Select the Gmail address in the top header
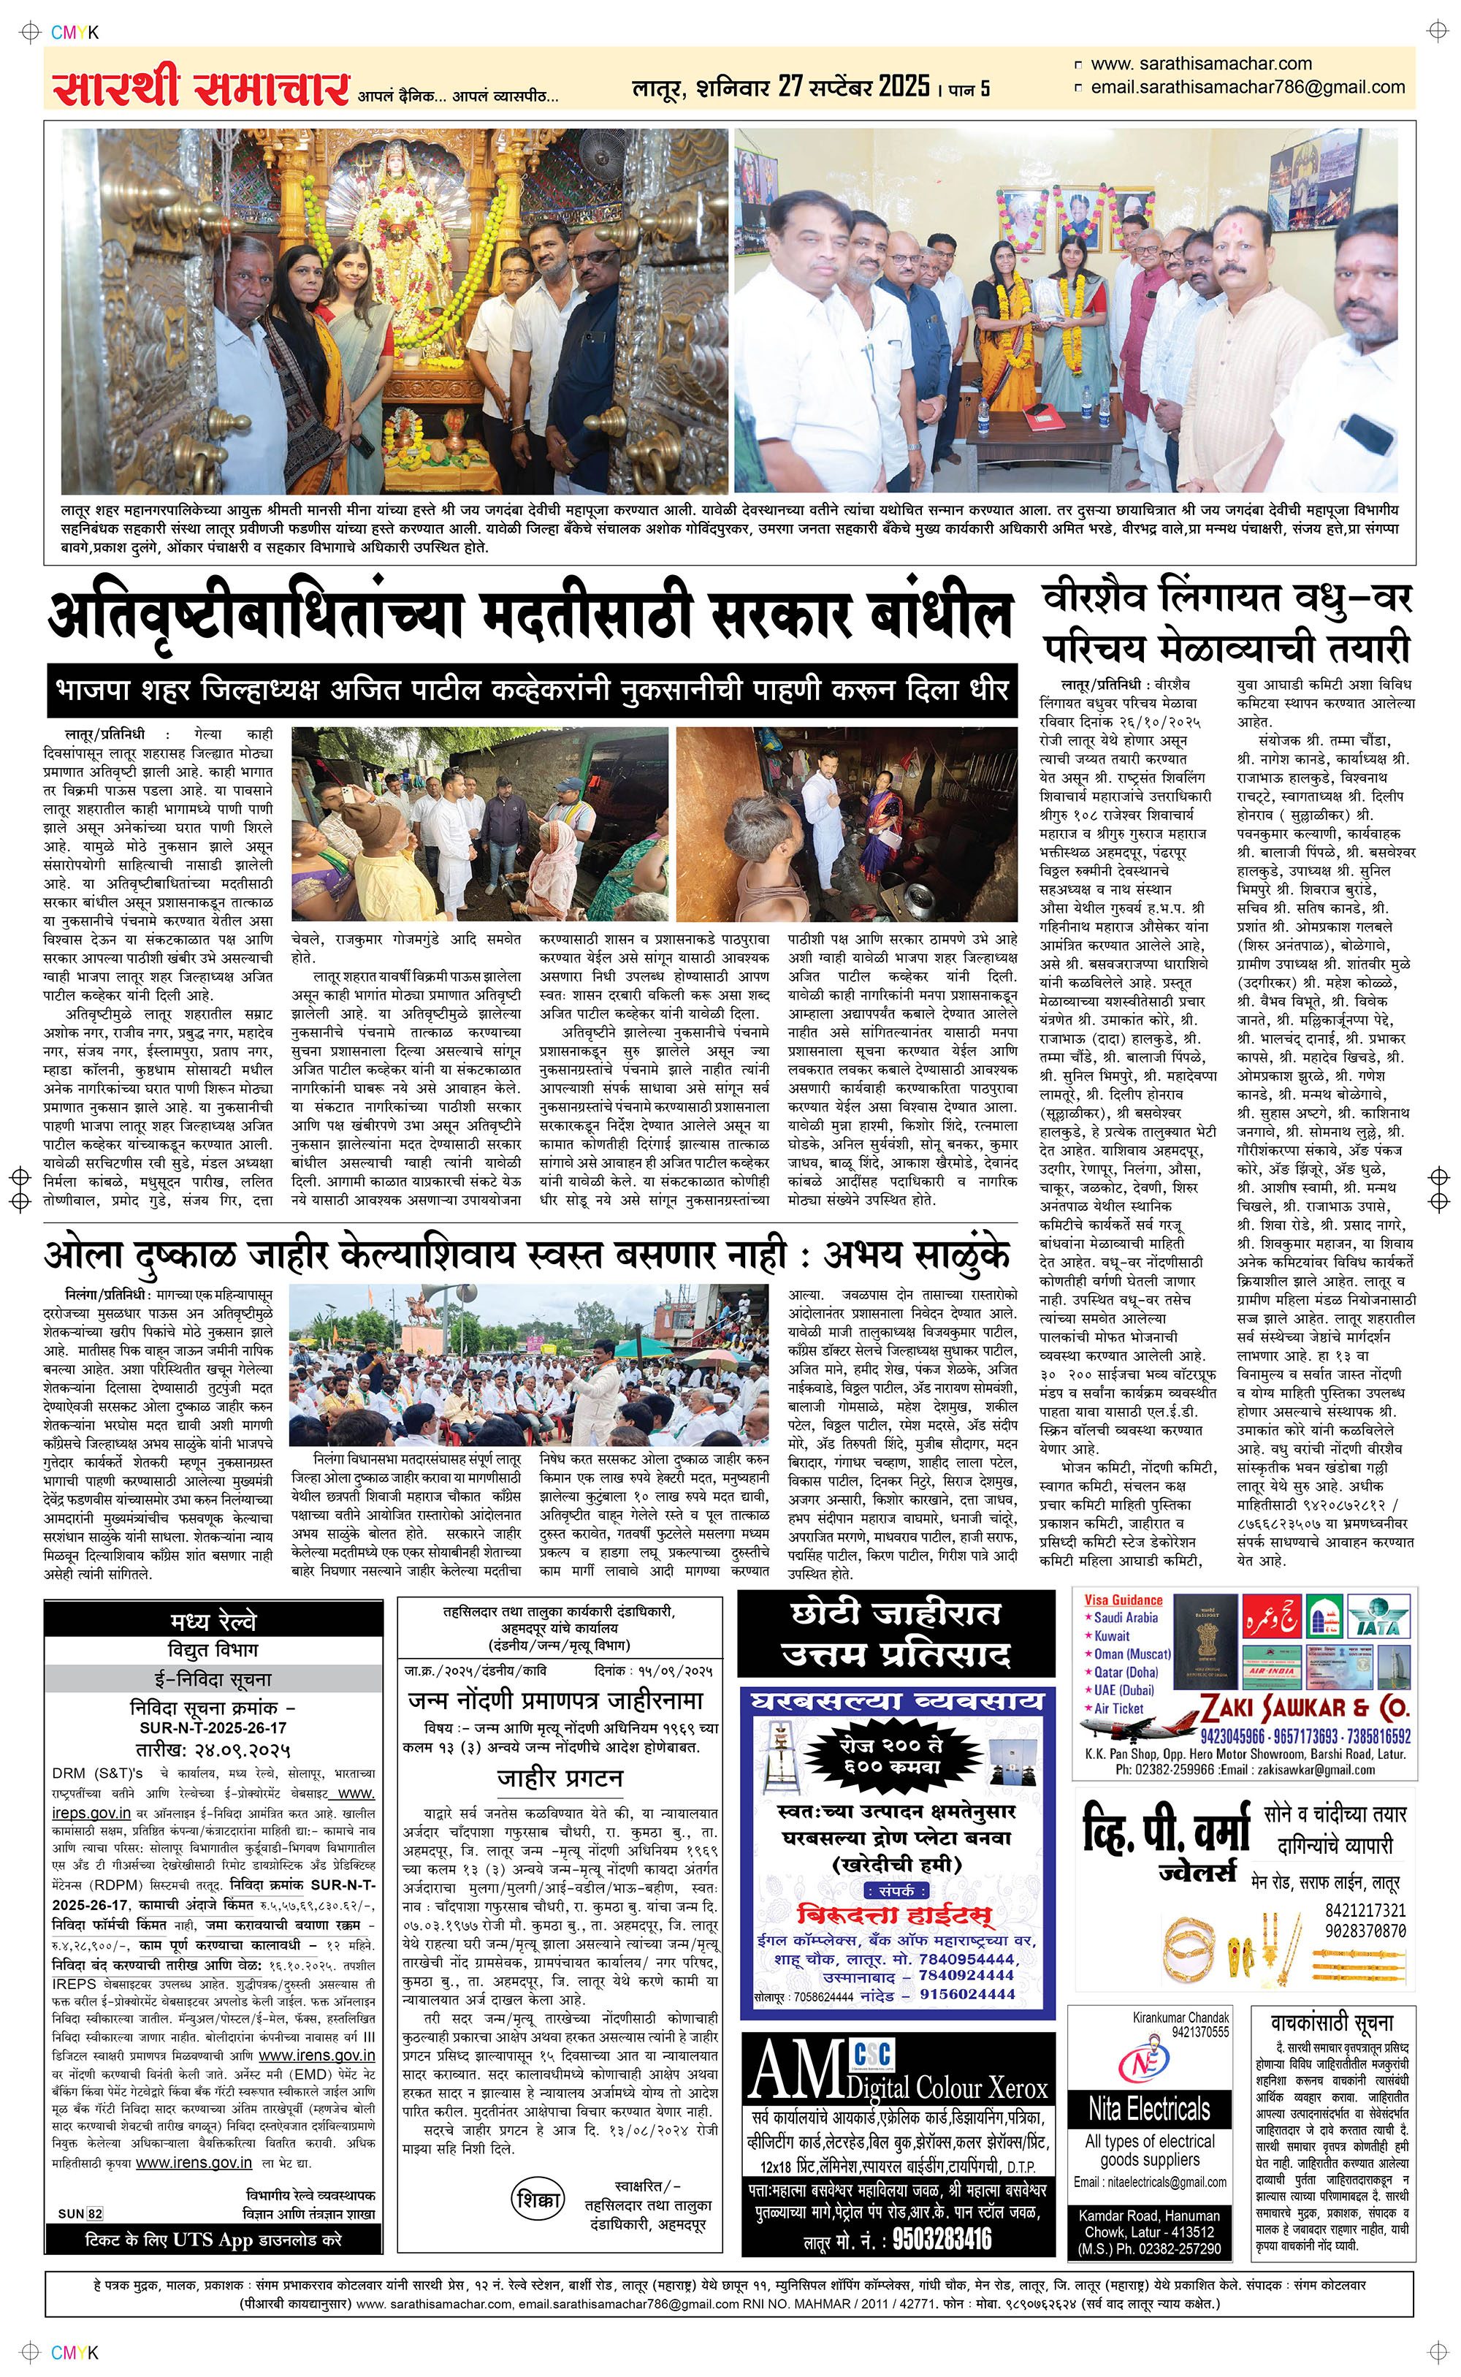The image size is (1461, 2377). tap(1246, 87)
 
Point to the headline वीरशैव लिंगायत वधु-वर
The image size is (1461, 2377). tap(1227, 599)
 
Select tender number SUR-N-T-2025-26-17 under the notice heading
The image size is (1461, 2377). tap(213, 1727)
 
